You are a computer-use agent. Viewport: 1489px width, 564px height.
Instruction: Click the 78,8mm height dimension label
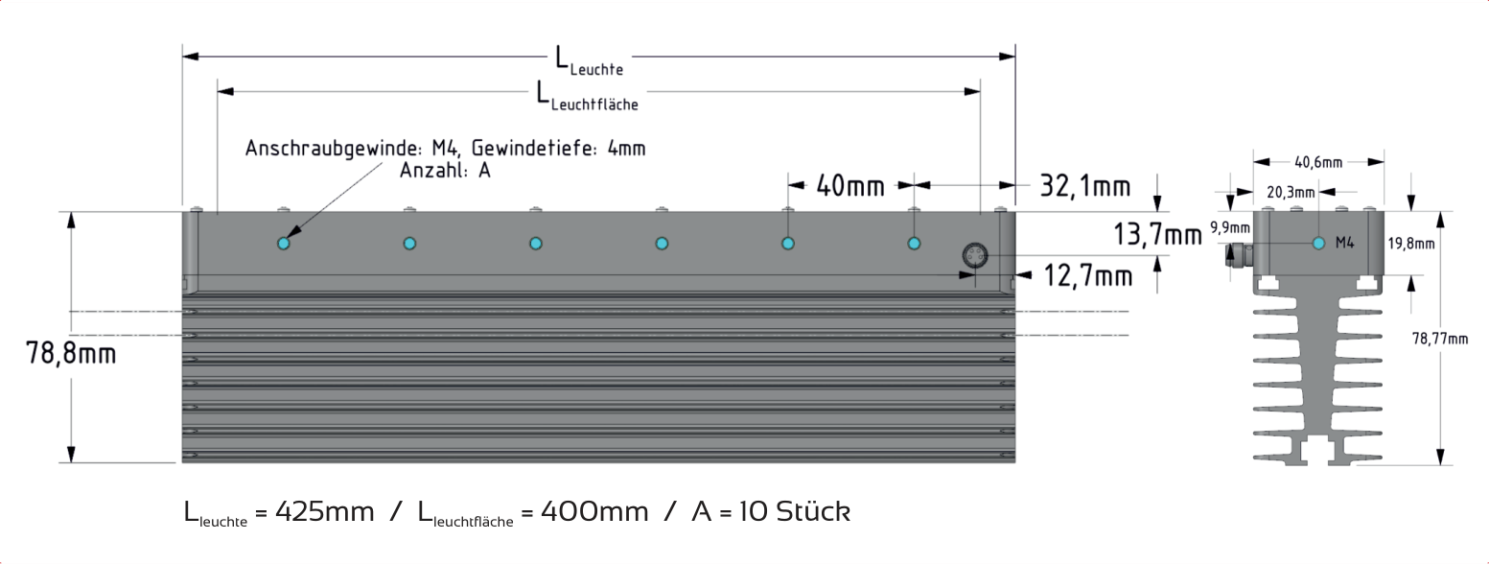pyautogui.click(x=71, y=353)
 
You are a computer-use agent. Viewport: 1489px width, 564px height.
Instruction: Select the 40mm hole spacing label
pyautogui.click(x=850, y=186)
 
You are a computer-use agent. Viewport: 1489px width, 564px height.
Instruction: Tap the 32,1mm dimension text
pyautogui.click(x=1084, y=186)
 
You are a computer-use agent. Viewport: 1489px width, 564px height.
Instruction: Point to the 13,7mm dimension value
pyautogui.click(x=1157, y=235)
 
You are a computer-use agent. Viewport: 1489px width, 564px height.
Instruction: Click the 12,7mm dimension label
pyautogui.click(x=1088, y=276)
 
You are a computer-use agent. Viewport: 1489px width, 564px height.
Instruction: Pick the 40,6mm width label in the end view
pyautogui.click(x=1318, y=162)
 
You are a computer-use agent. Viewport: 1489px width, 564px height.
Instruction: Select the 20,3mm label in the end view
pyautogui.click(x=1291, y=192)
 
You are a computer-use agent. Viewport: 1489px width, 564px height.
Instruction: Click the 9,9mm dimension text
pyautogui.click(x=1230, y=228)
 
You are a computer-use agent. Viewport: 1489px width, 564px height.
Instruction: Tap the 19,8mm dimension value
pyautogui.click(x=1410, y=244)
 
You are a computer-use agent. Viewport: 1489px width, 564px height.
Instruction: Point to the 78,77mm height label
pyautogui.click(x=1440, y=340)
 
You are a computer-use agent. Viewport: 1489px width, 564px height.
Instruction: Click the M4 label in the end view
pyautogui.click(x=1345, y=244)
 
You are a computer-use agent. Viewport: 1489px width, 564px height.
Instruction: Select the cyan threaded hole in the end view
pyautogui.click(x=1319, y=244)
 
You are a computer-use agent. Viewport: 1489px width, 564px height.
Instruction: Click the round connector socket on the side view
pyautogui.click(x=975, y=255)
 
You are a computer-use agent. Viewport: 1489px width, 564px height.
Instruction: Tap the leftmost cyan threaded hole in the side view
pyautogui.click(x=284, y=244)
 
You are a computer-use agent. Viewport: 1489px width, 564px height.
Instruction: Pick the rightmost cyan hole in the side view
pyautogui.click(x=914, y=244)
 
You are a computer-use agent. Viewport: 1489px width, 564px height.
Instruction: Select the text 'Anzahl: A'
pyautogui.click(x=445, y=171)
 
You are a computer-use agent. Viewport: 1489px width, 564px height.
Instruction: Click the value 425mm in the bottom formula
pyautogui.click(x=324, y=512)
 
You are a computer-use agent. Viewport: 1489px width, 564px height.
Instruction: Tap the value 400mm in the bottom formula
pyautogui.click(x=594, y=512)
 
